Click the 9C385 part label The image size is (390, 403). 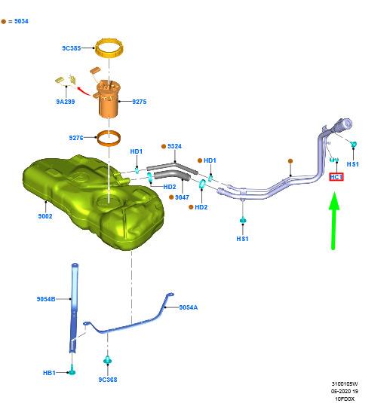pos(72,48)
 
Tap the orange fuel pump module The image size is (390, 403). pos(108,98)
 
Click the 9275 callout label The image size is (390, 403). pos(140,102)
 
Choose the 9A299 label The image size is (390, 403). pos(66,102)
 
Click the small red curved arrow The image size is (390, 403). pos(84,91)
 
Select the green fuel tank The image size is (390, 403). pos(94,201)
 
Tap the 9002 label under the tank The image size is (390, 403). pos(45,216)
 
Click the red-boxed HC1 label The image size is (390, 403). pos(336,177)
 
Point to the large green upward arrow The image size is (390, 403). pos(334,221)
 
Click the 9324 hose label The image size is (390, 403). pos(174,146)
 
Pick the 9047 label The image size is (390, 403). pos(182,197)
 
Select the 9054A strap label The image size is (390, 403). pos(189,307)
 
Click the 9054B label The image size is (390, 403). pos(46,299)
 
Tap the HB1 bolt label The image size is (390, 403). pos(49,373)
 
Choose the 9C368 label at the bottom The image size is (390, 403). pos(108,380)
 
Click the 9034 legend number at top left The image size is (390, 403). pos(21,21)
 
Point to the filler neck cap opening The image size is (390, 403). pos(346,124)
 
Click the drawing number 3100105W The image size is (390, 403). pos(345,383)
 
